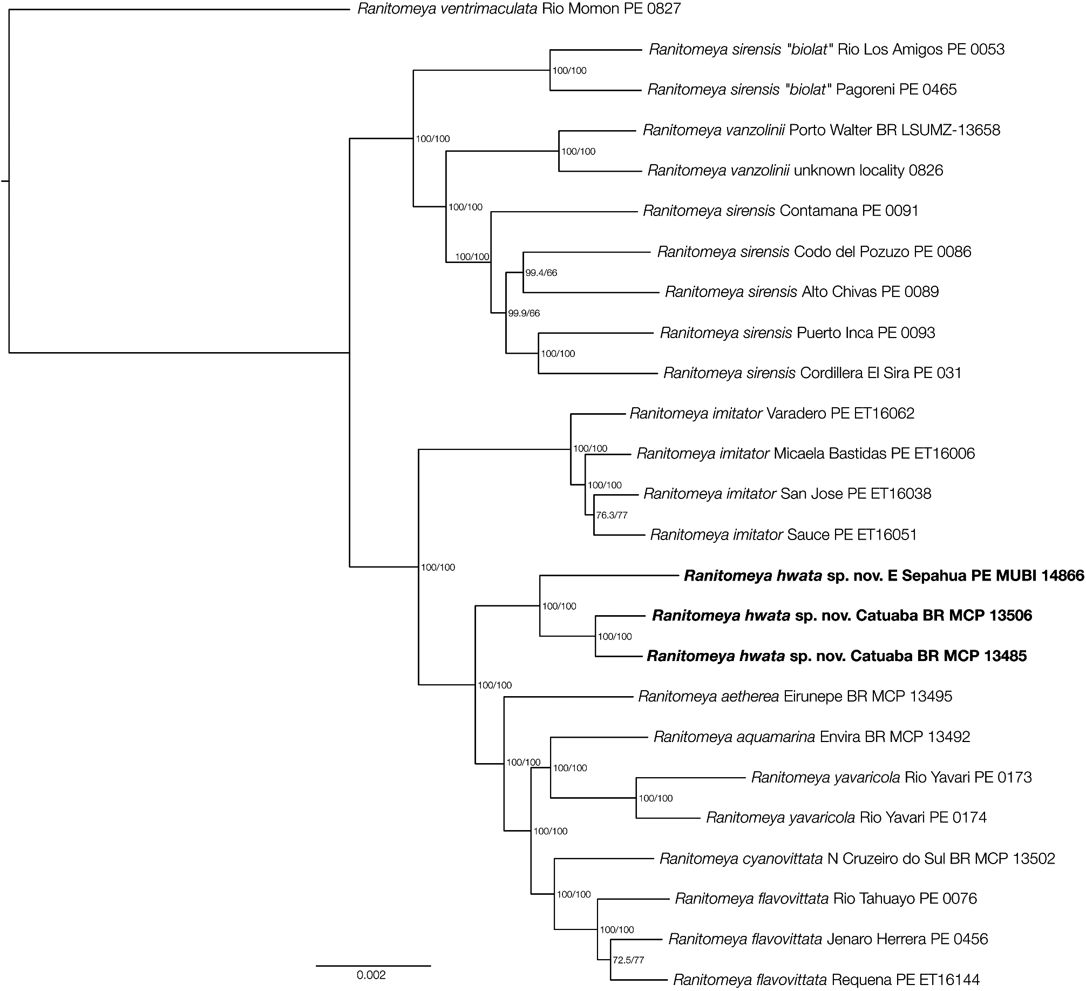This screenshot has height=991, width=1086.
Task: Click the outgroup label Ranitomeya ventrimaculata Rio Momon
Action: [519, 9]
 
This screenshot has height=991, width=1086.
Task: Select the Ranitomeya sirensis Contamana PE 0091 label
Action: [780, 211]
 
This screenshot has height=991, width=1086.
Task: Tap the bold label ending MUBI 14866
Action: [884, 576]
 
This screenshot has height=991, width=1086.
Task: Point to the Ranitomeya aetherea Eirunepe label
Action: [795, 696]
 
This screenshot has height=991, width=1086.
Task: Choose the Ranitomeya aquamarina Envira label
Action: [812, 737]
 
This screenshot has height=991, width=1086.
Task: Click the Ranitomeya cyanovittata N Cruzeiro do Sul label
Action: [857, 859]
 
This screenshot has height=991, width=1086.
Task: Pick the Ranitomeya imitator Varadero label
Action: [772, 414]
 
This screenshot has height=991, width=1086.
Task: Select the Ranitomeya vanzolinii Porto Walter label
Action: [822, 130]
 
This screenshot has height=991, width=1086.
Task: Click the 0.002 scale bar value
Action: [371, 975]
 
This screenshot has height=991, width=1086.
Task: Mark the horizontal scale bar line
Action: [374, 965]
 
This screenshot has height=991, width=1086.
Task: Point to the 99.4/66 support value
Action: [541, 273]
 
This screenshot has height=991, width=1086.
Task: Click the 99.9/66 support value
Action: [524, 313]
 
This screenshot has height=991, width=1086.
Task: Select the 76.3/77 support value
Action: [612, 515]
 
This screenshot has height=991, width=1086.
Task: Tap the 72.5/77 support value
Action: [628, 960]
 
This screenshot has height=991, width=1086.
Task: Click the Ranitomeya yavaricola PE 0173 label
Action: [891, 777]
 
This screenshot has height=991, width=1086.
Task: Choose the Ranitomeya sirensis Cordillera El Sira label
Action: [812, 373]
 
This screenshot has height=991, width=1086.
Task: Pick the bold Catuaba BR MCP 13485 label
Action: [837, 656]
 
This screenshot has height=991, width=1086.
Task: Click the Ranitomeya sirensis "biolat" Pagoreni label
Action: [802, 89]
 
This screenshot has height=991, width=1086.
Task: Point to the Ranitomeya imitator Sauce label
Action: [783, 535]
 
